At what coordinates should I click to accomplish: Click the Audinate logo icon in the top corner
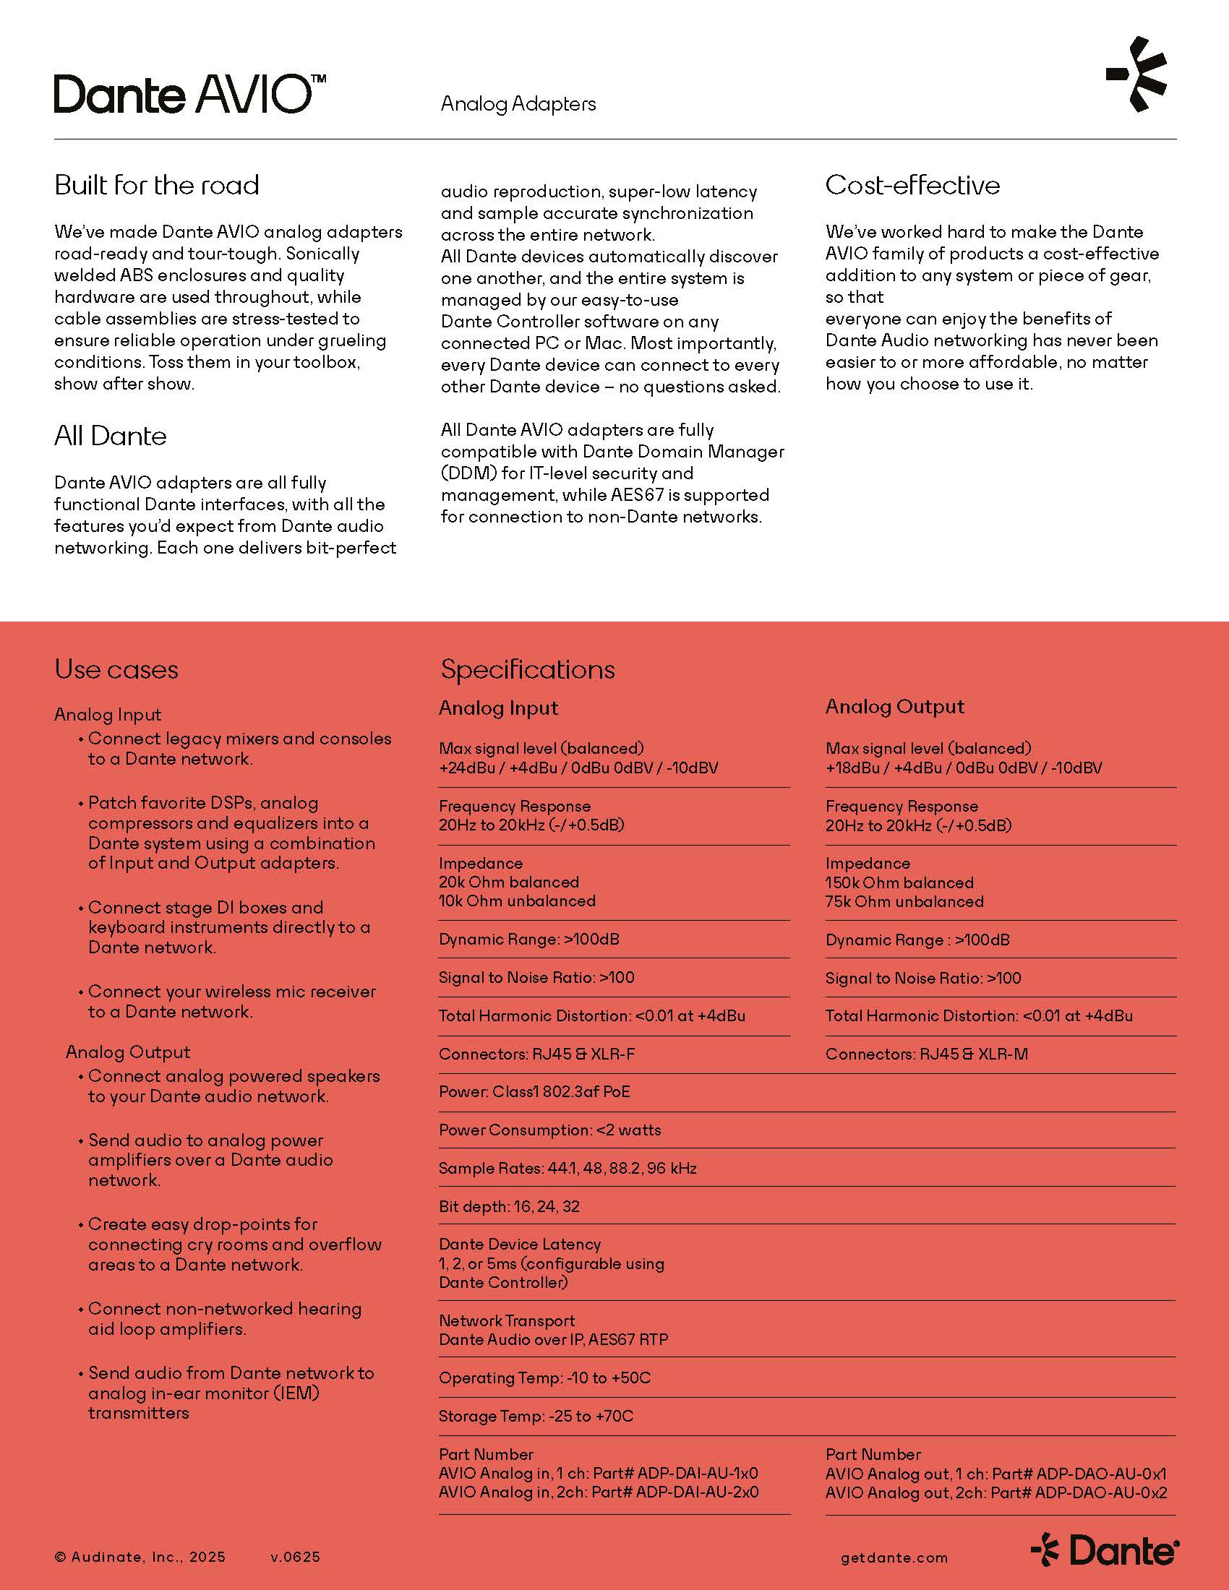point(1137,74)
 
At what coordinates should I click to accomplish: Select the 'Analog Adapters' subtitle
point(518,104)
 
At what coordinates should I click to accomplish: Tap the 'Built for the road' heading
point(157,185)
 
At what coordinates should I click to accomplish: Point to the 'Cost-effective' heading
point(912,185)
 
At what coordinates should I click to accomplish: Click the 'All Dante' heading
point(110,436)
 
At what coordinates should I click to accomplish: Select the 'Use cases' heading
point(116,670)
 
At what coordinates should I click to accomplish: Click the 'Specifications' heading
point(527,670)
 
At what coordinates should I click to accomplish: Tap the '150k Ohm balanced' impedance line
point(899,882)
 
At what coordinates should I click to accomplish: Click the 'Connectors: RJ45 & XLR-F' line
point(536,1054)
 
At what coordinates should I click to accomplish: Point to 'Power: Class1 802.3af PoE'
point(534,1092)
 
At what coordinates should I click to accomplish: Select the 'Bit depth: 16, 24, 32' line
point(509,1206)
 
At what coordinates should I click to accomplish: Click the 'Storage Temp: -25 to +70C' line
point(536,1416)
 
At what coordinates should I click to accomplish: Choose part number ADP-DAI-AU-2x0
point(697,1492)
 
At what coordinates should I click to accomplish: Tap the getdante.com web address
point(894,1558)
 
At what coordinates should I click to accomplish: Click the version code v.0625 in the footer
point(295,1557)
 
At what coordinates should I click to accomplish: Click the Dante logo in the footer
point(1105,1551)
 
